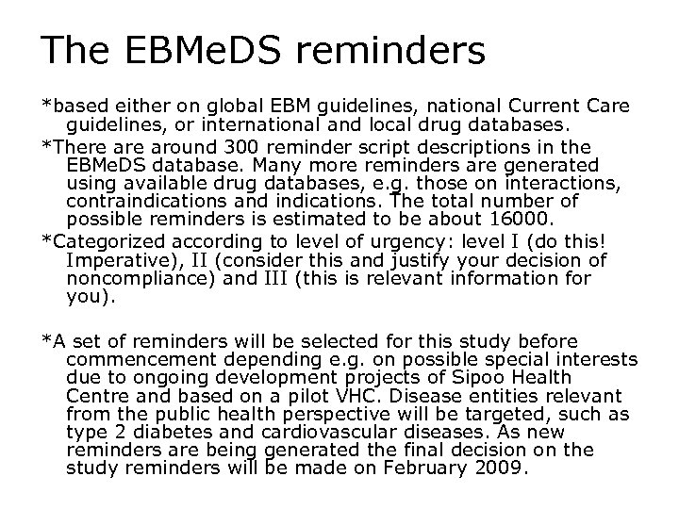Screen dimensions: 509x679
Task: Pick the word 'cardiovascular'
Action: pos(305,432)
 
